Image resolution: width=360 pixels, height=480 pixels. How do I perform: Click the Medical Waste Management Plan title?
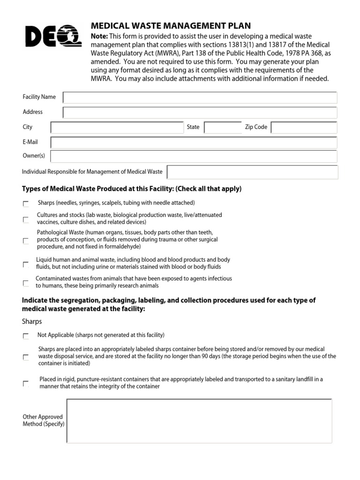171,26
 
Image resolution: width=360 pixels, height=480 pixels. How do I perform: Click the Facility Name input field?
200,97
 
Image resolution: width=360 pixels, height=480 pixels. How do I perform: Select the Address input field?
200,112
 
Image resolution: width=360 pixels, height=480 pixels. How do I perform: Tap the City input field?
117,127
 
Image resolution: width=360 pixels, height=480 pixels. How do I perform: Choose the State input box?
223,127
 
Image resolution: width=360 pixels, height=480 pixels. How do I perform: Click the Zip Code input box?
304,127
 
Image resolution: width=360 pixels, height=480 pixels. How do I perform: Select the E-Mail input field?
194,142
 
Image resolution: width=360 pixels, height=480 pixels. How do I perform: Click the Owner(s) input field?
194,157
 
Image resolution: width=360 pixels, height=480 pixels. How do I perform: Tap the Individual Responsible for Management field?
252,172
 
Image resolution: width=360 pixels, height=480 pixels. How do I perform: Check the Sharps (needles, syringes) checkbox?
25,204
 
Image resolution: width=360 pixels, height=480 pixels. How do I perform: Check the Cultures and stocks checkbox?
25,219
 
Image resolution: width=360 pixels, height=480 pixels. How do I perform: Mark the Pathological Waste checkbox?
25,240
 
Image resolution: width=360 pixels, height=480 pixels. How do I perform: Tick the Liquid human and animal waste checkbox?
25,264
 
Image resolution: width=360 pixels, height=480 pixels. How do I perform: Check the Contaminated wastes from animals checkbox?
25,283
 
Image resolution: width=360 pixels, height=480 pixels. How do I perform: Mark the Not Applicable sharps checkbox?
25,336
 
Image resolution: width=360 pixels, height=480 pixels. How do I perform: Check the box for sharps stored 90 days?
25,357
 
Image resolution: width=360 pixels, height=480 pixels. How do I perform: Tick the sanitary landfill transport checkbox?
25,383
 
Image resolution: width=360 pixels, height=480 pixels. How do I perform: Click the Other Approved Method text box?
199,420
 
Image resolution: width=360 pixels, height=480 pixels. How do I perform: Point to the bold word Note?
99,37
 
